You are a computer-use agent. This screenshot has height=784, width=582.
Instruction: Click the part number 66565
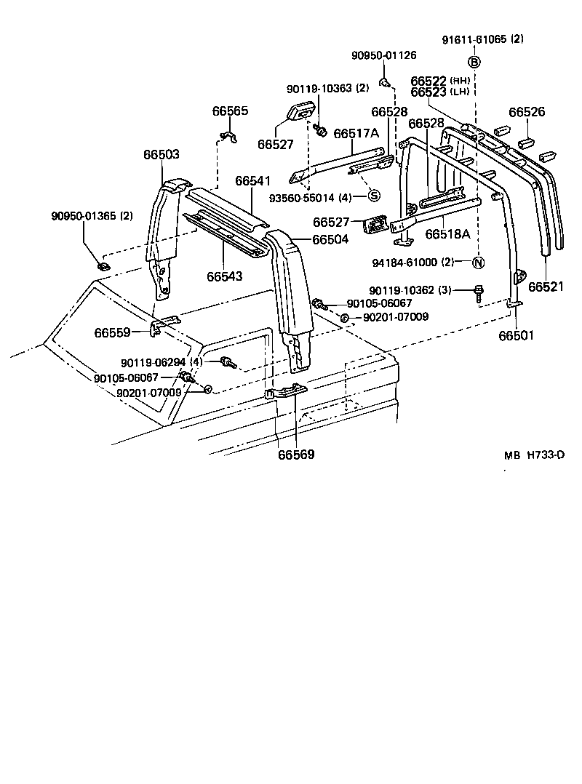click(230, 111)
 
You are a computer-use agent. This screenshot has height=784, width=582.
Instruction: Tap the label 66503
click(161, 155)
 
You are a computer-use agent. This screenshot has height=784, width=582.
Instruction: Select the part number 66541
click(252, 180)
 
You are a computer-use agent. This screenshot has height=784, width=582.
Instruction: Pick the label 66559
click(112, 333)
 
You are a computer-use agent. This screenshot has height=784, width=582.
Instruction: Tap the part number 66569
click(296, 455)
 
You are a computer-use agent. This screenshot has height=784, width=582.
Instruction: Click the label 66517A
click(356, 134)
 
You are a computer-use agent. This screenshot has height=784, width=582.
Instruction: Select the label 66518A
click(448, 234)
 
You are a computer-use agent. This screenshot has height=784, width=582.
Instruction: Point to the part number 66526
click(527, 112)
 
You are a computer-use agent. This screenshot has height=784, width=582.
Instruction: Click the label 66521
click(546, 287)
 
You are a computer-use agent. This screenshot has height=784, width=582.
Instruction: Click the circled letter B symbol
click(474, 62)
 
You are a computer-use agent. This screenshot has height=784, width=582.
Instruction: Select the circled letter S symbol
click(373, 195)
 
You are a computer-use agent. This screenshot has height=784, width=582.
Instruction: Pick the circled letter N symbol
click(478, 263)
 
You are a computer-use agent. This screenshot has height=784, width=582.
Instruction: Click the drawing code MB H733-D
click(534, 455)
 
